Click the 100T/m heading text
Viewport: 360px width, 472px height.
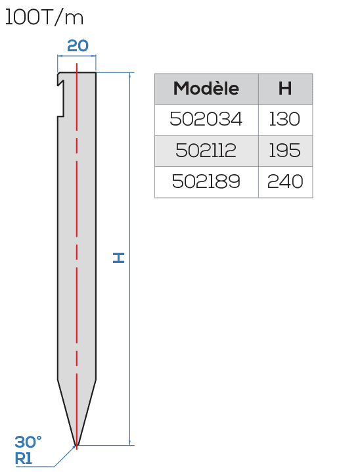pos(44,18)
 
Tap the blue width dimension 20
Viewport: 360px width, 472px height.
pos(78,46)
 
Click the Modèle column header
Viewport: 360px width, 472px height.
pos(206,89)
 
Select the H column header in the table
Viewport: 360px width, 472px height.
pos(285,89)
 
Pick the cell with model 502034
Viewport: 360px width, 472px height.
pos(206,119)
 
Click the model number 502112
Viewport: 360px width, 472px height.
pos(206,151)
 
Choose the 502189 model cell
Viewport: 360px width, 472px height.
pos(206,181)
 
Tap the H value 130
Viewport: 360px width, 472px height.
pos(285,119)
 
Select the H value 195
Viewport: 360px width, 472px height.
pos(285,151)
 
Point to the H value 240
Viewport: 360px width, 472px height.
pos(285,181)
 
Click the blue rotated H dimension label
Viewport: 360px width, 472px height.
pos(118,258)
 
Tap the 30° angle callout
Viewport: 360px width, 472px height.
pos(28,442)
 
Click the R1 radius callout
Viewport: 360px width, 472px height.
pos(24,459)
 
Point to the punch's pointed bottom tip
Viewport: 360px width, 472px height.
pos(76,445)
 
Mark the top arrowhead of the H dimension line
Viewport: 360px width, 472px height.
pos(130,75)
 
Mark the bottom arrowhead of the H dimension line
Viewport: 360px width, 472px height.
pos(130,443)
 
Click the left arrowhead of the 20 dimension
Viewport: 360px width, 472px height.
pos(60,56)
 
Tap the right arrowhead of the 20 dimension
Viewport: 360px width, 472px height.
pos(93,56)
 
